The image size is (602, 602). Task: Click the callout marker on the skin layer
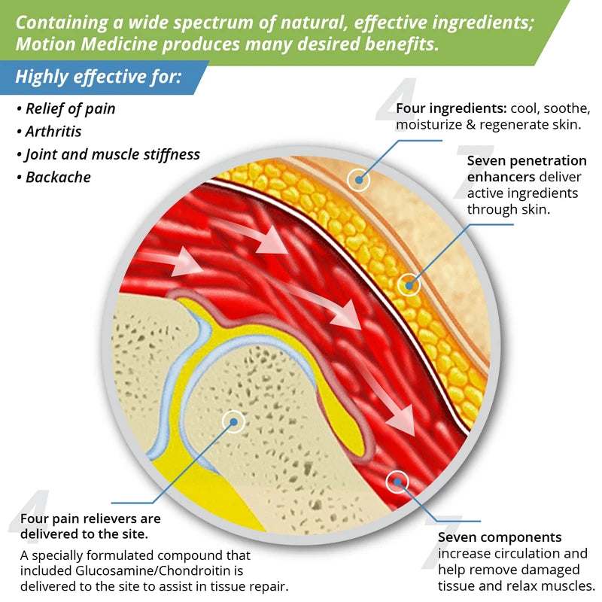(360, 179)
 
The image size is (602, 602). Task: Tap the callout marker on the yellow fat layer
(409, 284)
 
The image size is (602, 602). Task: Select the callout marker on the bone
(234, 421)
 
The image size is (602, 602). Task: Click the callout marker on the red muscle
(397, 480)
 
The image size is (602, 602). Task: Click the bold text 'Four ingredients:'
(444, 108)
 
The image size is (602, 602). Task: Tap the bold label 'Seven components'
(500, 537)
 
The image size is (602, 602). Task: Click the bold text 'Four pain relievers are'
(90, 518)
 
